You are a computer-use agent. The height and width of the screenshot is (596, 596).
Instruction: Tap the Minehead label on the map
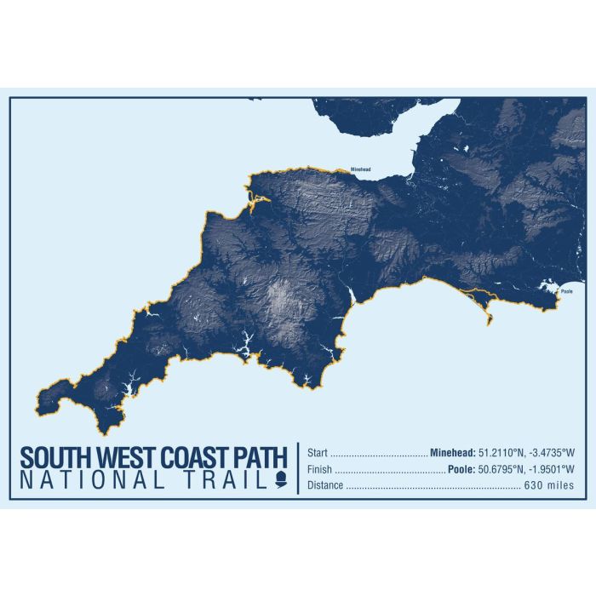click(360, 169)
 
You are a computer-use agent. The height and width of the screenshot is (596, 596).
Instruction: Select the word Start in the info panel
click(317, 453)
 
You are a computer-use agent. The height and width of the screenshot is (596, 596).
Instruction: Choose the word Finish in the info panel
click(319, 469)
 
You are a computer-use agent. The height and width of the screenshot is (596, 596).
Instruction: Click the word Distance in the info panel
click(325, 485)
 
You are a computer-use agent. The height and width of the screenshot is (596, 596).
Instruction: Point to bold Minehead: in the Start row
click(456, 453)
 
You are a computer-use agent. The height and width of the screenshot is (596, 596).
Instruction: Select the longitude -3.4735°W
click(556, 453)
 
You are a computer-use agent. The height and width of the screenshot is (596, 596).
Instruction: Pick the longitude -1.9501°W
click(556, 469)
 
